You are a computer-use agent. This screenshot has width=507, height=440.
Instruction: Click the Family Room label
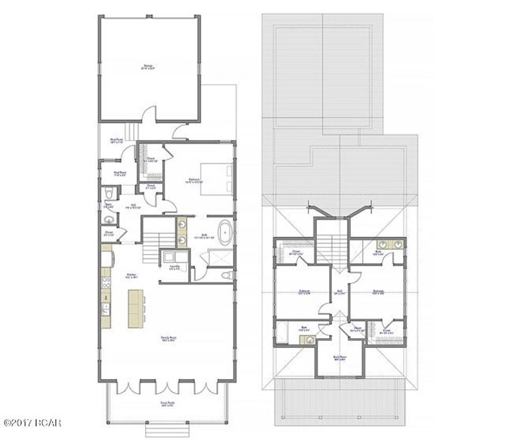[168, 340]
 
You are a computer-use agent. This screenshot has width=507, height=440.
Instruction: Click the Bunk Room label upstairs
[340, 357]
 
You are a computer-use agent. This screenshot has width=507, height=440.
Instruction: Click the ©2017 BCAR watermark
[32, 423]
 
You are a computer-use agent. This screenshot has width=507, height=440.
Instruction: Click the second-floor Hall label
[339, 292]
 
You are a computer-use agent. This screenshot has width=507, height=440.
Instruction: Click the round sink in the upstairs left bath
[309, 340]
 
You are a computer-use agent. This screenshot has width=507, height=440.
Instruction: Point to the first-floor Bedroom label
[195, 179]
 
